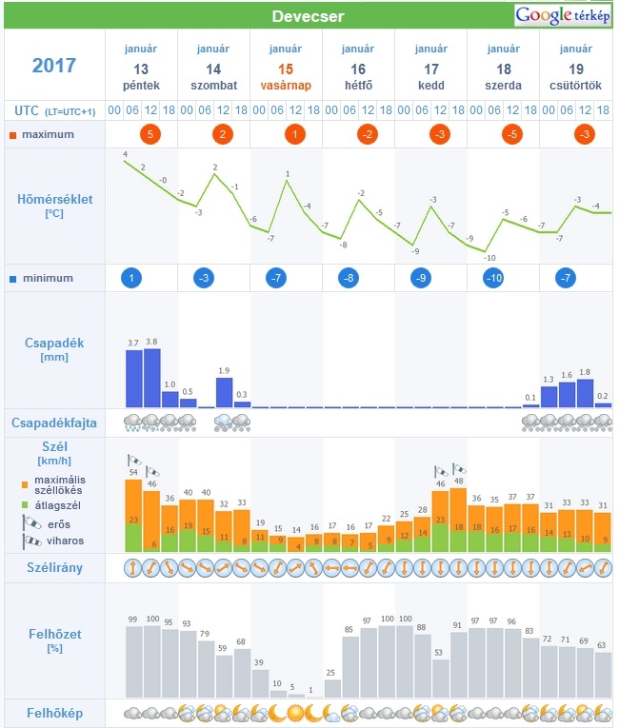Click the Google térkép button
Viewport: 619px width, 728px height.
click(562, 16)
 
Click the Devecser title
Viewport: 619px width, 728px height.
click(309, 16)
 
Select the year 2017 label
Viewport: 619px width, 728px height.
click(54, 65)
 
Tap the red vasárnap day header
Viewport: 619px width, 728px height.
click(286, 86)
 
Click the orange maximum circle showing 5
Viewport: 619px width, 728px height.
click(150, 134)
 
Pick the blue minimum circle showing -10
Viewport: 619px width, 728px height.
click(493, 278)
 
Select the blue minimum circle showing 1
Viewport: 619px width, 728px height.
click(131, 278)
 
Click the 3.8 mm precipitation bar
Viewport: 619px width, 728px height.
click(152, 378)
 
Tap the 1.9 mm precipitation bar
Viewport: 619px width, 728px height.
click(224, 393)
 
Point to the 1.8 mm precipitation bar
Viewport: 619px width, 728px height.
click(585, 394)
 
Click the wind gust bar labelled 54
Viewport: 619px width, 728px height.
click(133, 516)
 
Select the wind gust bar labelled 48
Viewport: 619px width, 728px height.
click(458, 520)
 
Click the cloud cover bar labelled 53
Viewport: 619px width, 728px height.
click(441, 679)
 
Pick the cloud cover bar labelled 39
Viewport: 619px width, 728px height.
click(260, 683)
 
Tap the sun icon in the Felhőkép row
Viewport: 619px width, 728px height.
click(295, 713)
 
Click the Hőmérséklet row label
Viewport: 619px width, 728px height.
click(55, 200)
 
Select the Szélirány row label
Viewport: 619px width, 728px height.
click(55, 568)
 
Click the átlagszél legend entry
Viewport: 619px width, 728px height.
click(51, 505)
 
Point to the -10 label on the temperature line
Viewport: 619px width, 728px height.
click(489, 258)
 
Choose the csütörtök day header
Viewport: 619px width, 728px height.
click(576, 86)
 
